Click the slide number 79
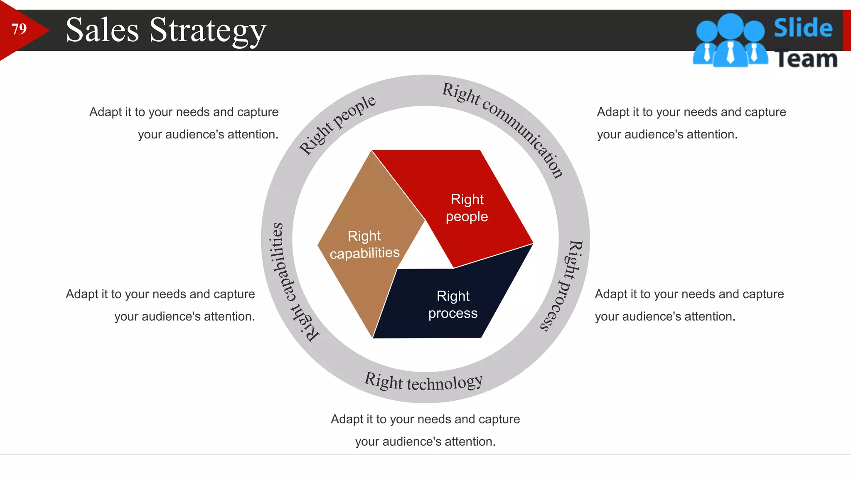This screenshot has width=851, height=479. (x=19, y=29)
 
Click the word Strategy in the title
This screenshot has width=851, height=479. (x=207, y=30)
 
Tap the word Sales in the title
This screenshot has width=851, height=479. (x=102, y=30)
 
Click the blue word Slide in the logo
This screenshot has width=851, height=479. (x=803, y=28)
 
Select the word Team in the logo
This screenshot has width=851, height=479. (x=806, y=59)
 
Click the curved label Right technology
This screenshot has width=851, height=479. (x=423, y=382)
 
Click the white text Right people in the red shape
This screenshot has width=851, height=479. (x=467, y=208)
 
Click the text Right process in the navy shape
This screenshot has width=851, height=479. (x=453, y=305)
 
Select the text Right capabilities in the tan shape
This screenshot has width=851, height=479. (x=364, y=244)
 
